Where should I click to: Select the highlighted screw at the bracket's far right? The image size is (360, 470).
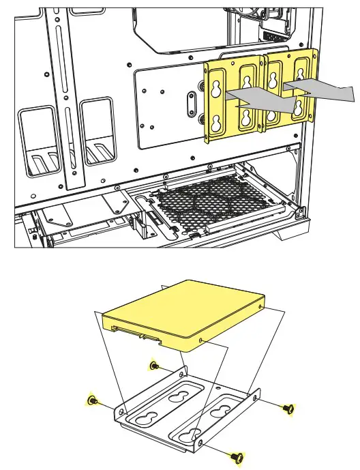coord(288,408)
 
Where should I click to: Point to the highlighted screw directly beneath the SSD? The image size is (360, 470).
coord(153,366)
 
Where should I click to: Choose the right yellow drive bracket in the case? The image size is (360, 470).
coord(290,89)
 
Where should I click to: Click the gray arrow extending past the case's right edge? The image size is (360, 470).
coord(320,88)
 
